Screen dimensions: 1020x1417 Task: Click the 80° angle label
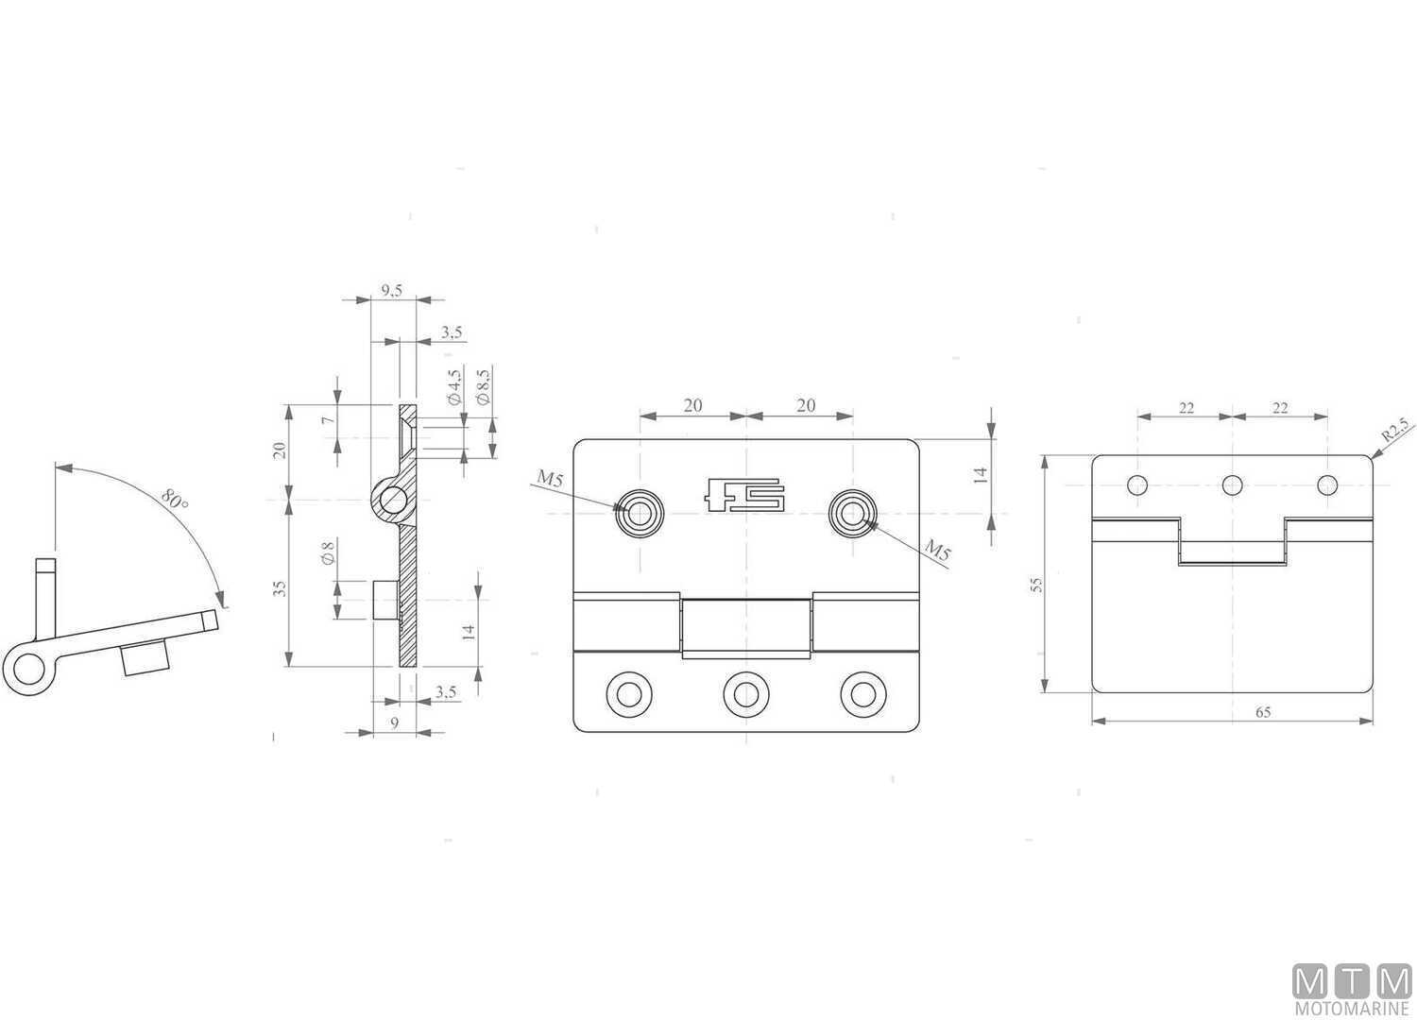click(x=174, y=499)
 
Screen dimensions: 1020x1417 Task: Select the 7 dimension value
click(x=328, y=420)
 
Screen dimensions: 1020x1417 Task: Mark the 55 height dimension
click(x=1036, y=585)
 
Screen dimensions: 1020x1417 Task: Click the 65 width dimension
click(x=1263, y=712)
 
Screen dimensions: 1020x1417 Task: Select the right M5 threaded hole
click(x=853, y=514)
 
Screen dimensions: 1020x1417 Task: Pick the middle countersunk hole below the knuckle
click(x=745, y=694)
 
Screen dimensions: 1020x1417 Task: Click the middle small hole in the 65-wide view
click(x=1232, y=485)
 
